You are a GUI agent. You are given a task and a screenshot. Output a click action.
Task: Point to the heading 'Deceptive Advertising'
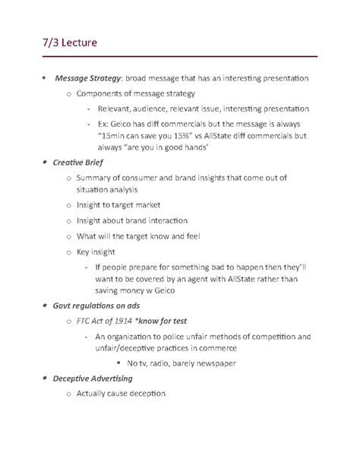point(99,378)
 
